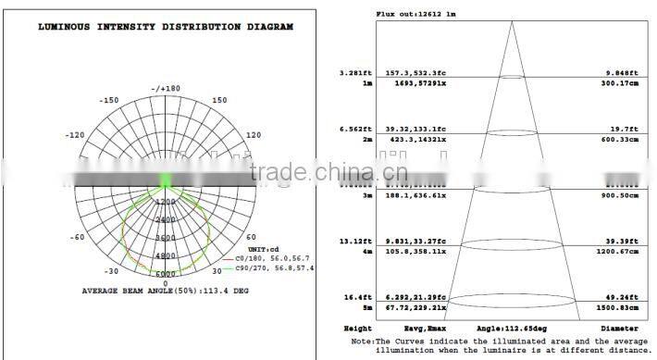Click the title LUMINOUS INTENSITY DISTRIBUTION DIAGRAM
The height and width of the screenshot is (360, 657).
pos(165,27)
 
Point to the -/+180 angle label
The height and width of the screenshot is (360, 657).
pos(166,88)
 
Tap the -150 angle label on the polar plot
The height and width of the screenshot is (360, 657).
pos(110,100)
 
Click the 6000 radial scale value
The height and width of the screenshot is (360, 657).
pos(166,274)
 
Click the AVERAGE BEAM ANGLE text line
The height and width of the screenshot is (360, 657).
pos(165,290)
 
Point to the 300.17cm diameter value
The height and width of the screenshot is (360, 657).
pos(618,83)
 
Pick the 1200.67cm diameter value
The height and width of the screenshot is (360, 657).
pos(616,251)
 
